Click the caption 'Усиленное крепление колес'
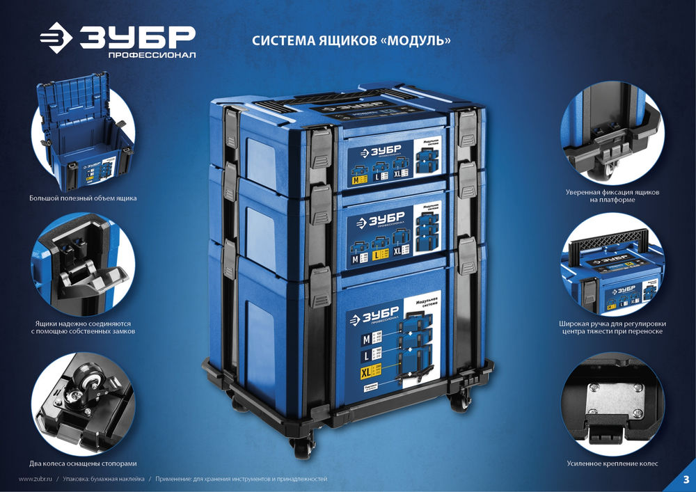(x=612, y=463)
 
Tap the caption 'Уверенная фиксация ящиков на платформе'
(x=612, y=196)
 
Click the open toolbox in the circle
(x=82, y=136)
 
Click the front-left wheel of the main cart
(x=302, y=445)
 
